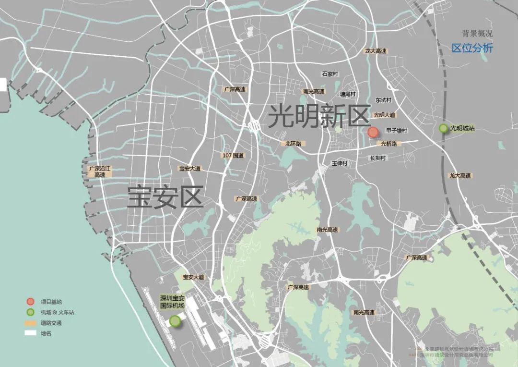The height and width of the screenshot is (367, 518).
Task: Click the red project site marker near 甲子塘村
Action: (x=373, y=133)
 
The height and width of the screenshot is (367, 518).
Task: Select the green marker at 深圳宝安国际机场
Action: (x=176, y=321)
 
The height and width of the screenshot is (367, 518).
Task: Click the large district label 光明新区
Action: (x=319, y=116)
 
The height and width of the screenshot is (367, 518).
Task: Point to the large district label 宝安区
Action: (x=165, y=197)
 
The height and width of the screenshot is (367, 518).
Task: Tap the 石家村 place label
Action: (x=330, y=74)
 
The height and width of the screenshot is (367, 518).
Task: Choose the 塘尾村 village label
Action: (x=348, y=94)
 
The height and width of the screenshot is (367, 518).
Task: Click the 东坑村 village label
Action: (x=384, y=100)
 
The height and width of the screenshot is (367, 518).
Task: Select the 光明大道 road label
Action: (x=384, y=115)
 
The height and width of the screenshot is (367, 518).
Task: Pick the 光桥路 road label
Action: (x=389, y=144)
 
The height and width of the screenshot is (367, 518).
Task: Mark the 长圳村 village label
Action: (x=378, y=158)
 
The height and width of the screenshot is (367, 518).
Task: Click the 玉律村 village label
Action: (x=339, y=163)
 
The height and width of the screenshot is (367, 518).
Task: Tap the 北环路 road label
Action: (x=293, y=144)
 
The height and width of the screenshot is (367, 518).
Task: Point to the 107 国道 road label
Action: (x=233, y=156)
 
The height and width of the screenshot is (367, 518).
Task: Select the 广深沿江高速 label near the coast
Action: (x=100, y=172)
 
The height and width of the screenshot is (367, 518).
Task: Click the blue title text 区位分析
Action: (x=472, y=49)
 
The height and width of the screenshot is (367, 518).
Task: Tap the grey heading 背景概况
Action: (x=477, y=34)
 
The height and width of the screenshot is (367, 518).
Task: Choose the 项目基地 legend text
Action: (x=51, y=302)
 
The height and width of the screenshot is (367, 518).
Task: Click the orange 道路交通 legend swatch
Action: (x=30, y=323)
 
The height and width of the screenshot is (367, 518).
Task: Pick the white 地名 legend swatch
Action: (x=30, y=333)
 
